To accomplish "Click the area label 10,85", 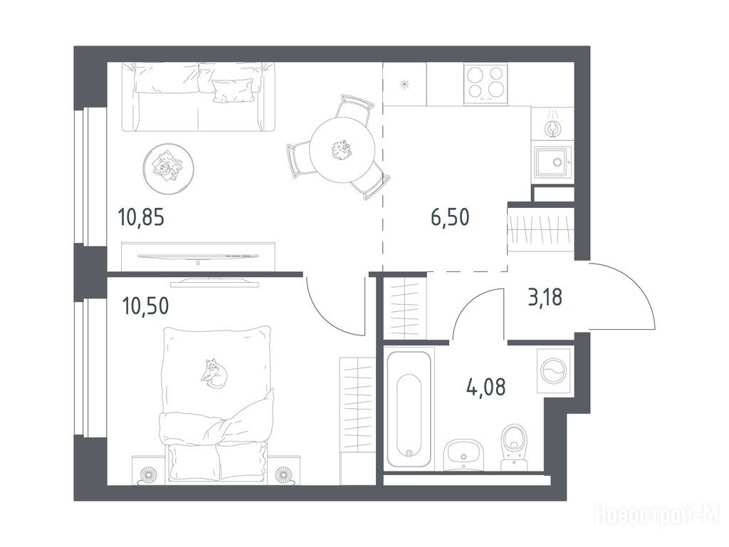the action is click(142, 217).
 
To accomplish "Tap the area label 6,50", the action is click(450, 217).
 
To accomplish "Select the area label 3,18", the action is click(545, 297).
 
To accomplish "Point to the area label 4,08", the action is click(486, 387).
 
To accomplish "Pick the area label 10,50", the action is click(145, 306).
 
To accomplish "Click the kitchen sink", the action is click(552, 162).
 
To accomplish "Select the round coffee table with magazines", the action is click(168, 167).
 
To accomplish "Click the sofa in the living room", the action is click(199, 97).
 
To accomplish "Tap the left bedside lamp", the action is click(150, 474).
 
